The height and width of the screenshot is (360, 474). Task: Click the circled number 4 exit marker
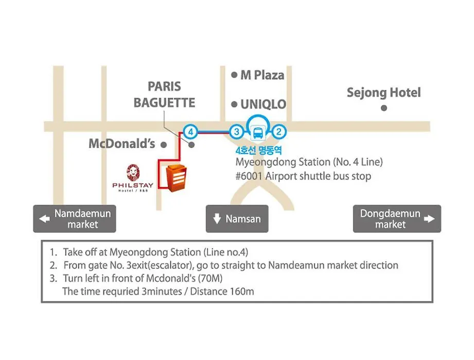(x=190, y=132)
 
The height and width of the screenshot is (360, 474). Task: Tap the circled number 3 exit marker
(x=237, y=132)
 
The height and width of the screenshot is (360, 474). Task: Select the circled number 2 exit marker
(x=279, y=132)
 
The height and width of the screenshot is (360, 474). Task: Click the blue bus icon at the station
(x=258, y=133)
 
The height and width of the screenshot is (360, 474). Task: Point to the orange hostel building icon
(x=176, y=178)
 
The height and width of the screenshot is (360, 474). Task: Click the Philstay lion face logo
(x=133, y=173)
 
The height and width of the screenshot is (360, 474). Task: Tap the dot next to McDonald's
(x=164, y=145)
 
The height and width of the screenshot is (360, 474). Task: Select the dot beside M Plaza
(x=234, y=75)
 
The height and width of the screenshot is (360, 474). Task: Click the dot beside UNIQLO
(x=234, y=104)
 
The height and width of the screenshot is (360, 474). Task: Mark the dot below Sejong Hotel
(x=384, y=108)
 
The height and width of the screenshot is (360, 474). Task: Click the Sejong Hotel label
(x=383, y=93)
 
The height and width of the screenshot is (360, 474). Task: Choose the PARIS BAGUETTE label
(x=165, y=95)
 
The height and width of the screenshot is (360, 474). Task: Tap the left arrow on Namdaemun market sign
(x=45, y=219)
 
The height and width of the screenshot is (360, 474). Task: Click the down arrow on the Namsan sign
(x=217, y=219)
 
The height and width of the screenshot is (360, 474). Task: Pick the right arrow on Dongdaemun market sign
(x=429, y=219)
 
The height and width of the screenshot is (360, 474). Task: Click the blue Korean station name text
(x=258, y=150)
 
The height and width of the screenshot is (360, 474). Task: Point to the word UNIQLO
(x=263, y=104)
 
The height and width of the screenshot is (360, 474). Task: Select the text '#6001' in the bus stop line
(x=249, y=176)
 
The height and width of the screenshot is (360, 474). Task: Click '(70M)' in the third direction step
(x=210, y=278)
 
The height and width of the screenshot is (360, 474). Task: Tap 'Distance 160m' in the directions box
(x=222, y=292)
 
